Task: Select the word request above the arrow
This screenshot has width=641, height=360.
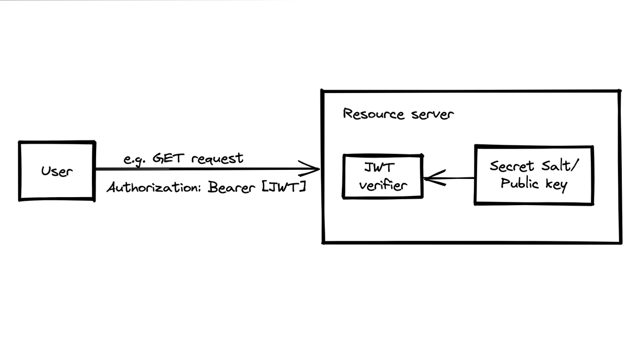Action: pyautogui.click(x=217, y=159)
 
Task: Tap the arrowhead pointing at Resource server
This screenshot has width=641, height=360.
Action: pyautogui.click(x=313, y=169)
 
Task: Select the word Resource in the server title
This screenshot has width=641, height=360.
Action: pyautogui.click(x=373, y=114)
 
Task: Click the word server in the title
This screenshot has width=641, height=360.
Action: pyautogui.click(x=433, y=115)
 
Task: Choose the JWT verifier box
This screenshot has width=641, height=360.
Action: pyautogui.click(x=382, y=177)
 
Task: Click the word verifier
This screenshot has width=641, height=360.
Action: pyautogui.click(x=382, y=185)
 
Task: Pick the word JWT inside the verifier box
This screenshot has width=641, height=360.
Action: pyautogui.click(x=379, y=167)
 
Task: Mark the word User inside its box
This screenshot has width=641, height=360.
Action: pyautogui.click(x=57, y=171)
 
